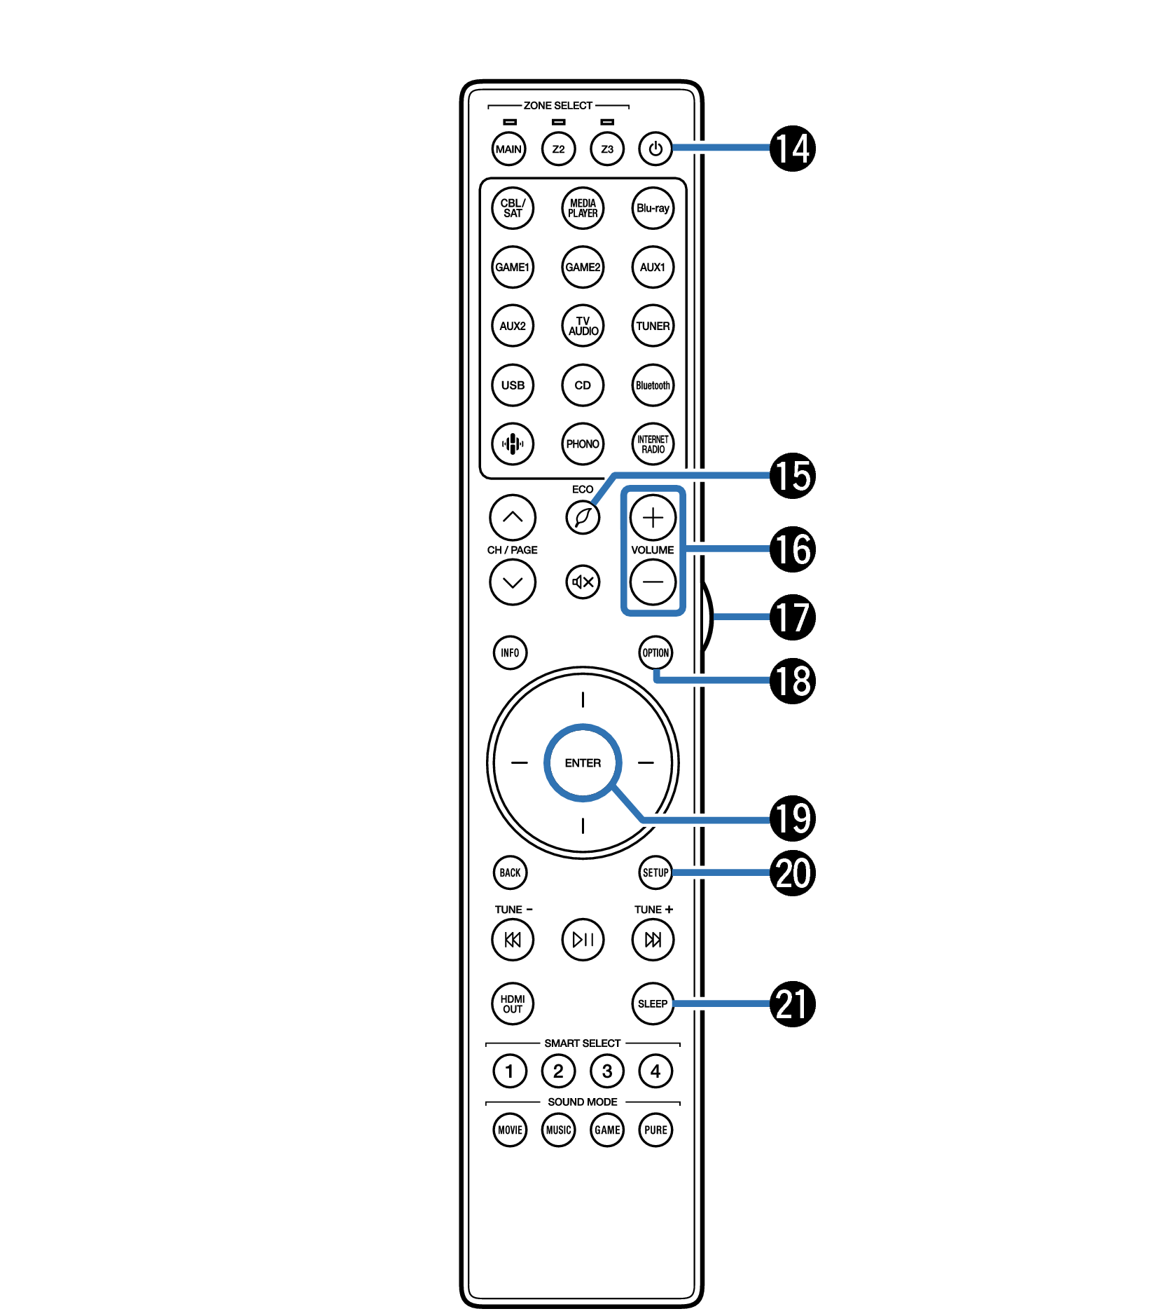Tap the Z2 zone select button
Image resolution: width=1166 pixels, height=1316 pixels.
tap(558, 149)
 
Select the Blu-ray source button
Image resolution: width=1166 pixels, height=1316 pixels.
tap(653, 208)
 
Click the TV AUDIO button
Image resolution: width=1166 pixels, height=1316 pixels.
tap(583, 326)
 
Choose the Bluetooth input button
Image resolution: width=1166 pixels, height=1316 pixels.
tap(653, 385)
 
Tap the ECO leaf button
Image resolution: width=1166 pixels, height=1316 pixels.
tap(583, 518)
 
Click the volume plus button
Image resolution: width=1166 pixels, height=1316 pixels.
tap(653, 518)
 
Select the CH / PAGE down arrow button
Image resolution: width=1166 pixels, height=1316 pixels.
tap(513, 582)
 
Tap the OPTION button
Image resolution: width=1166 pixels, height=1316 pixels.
tap(655, 652)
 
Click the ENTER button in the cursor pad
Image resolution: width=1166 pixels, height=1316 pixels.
tap(583, 762)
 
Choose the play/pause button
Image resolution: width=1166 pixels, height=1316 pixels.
tap(583, 939)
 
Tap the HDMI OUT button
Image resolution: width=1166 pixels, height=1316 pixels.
tap(513, 1003)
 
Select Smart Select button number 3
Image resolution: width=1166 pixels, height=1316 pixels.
tap(607, 1071)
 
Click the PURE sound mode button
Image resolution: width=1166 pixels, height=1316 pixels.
tap(655, 1130)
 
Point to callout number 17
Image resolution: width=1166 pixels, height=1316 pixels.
tap(793, 617)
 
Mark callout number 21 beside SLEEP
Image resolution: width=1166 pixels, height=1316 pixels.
tap(793, 1003)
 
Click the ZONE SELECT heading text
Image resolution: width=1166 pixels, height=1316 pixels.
tap(558, 105)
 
